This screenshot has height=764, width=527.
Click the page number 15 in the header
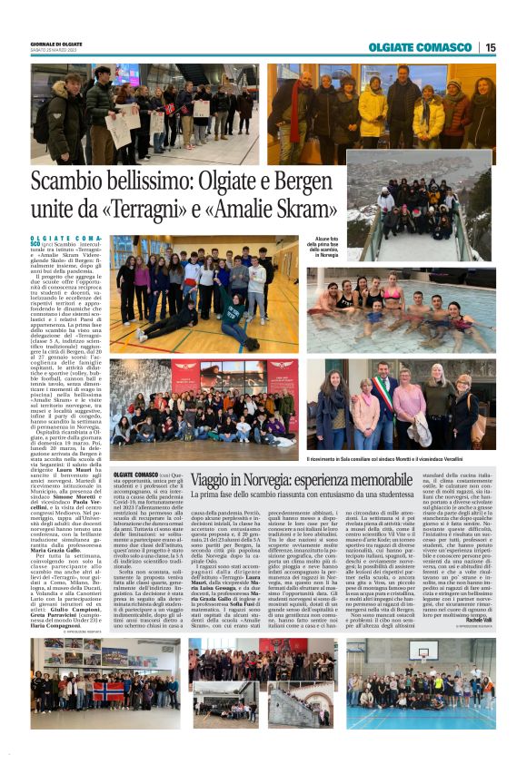coord(490,47)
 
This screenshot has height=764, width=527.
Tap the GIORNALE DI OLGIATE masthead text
coord(58,43)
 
